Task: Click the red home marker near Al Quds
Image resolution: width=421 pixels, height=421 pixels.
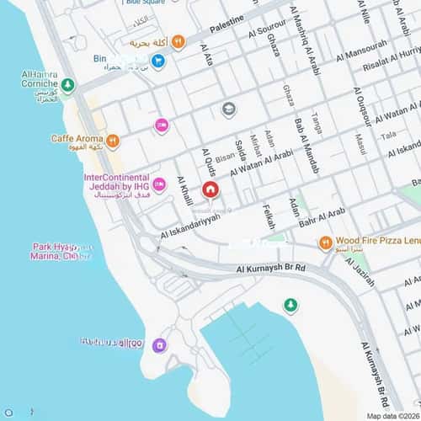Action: point(210,189)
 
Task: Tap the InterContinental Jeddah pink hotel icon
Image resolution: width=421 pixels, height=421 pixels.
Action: point(159,184)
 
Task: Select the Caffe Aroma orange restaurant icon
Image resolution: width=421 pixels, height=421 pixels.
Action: point(112,140)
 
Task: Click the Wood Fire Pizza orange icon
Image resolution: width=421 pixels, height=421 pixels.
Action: point(325,243)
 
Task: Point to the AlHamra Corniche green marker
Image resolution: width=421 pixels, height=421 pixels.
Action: point(67,85)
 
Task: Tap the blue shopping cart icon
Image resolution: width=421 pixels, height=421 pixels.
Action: point(157,61)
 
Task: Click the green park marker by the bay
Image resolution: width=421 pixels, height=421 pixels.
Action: point(290,304)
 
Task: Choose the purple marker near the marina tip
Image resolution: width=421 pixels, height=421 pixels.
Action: point(159,344)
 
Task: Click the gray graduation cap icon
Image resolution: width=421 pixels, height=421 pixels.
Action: point(228,109)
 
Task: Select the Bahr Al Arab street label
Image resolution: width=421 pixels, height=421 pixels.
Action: point(322,216)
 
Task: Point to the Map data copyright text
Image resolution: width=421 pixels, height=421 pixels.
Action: point(392,415)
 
